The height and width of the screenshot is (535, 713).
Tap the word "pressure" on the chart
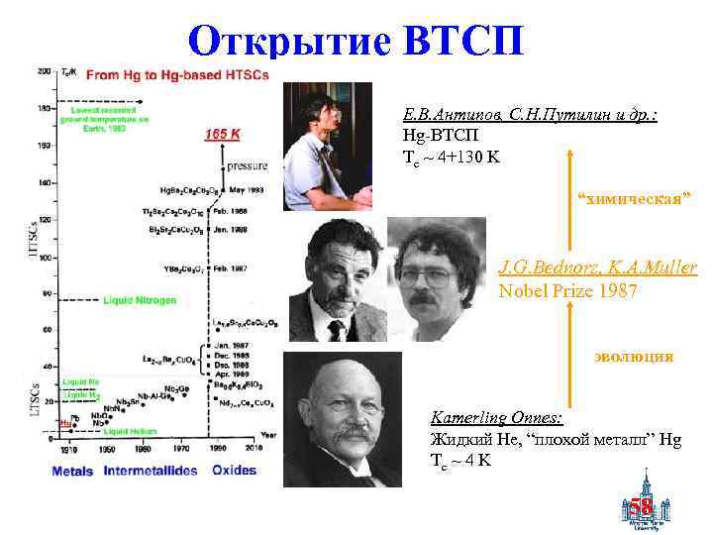(248, 165)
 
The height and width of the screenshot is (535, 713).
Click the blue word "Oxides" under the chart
(235, 470)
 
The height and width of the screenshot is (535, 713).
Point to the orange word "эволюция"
(634, 356)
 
